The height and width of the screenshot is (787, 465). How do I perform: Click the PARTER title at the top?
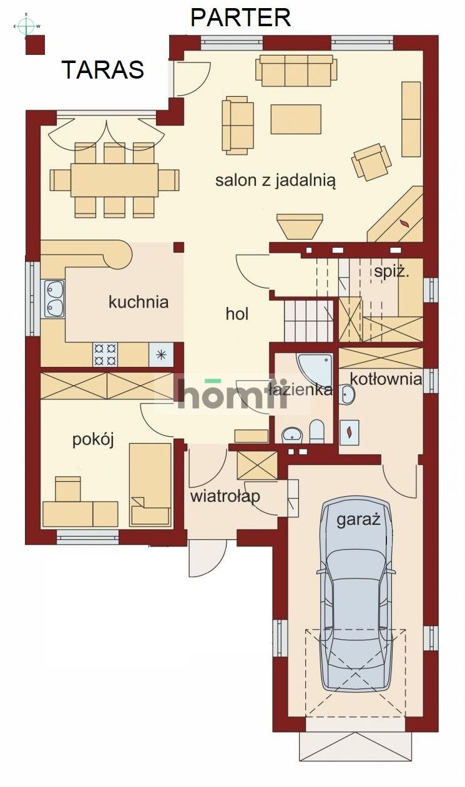click(240, 17)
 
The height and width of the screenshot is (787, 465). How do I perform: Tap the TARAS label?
click(102, 70)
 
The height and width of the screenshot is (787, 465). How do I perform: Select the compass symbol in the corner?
click(26, 26)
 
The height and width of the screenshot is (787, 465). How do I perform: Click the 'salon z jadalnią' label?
click(275, 181)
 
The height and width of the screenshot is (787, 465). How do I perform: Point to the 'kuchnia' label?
click(139, 303)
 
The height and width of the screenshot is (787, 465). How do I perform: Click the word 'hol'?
click(237, 314)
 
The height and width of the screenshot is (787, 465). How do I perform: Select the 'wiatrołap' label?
click(225, 497)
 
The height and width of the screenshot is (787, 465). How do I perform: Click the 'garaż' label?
click(358, 521)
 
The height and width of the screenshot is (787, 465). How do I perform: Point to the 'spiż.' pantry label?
click(391, 272)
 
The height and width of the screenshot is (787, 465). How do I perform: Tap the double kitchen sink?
click(53, 298)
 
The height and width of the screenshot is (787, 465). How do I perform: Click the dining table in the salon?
click(114, 180)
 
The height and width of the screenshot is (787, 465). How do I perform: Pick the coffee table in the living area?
click(296, 119)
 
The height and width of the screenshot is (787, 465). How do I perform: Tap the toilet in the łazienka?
click(317, 430)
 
